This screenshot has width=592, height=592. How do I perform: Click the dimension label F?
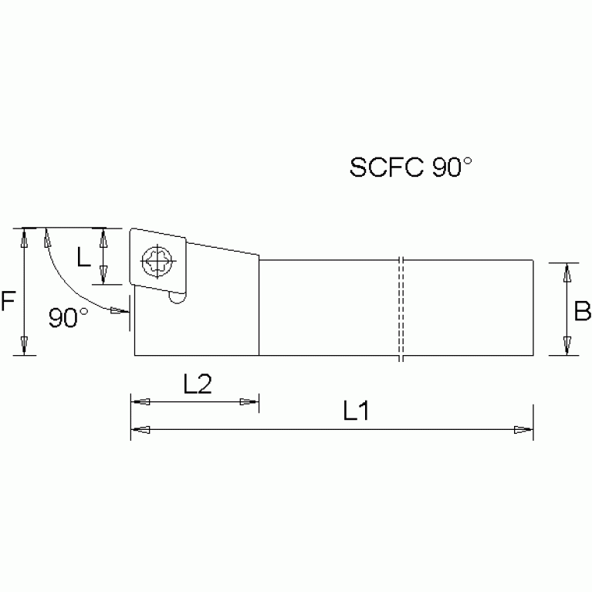click(8, 300)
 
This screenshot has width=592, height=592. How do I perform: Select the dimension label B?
click(583, 311)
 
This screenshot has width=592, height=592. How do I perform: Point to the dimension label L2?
click(197, 384)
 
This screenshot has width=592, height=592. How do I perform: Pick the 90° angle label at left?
click(68, 317)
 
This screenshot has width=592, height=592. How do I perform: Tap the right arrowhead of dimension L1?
click(524, 429)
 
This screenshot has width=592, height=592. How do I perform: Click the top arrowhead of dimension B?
click(567, 272)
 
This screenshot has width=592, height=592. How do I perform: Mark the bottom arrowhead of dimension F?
click(25, 345)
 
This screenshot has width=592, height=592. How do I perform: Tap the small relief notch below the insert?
click(178, 296)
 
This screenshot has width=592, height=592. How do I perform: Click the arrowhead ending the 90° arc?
click(118, 311)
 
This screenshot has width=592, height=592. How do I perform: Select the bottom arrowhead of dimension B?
click(567, 345)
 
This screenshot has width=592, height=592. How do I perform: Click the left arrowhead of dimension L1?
click(140, 429)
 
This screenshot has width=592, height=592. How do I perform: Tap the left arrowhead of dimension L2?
click(140, 402)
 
